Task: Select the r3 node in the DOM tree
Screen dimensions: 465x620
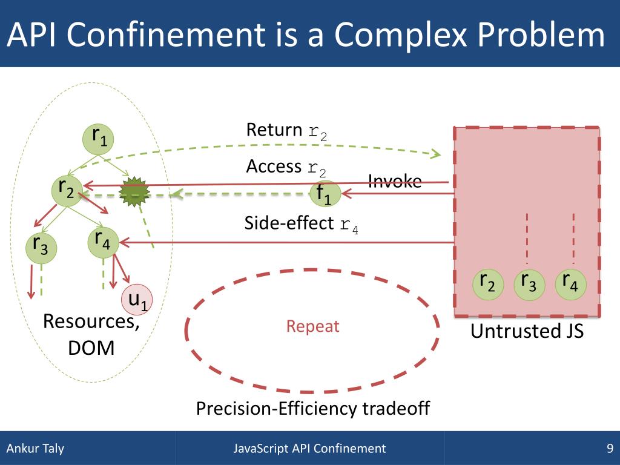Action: [41, 247]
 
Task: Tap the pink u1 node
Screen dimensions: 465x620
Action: [138, 300]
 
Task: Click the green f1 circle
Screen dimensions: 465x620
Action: [325, 193]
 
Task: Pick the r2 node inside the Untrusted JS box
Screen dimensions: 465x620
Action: [487, 284]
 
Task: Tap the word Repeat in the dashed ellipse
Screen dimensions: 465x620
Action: [312, 327]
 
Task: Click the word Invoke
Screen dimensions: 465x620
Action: [395, 180]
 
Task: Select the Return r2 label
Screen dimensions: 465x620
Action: [286, 131]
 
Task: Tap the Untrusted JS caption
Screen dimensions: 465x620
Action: [527, 331]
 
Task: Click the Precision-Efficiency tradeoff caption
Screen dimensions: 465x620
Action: [312, 409]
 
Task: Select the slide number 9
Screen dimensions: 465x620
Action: [610, 449]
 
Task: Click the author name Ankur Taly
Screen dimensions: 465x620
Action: [35, 449]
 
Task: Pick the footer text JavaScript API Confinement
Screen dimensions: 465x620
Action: [309, 449]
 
